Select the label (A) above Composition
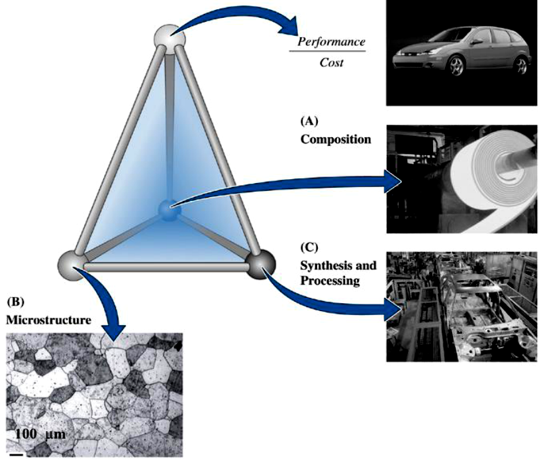tap(309, 121)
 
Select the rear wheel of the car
tap(520, 64)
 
